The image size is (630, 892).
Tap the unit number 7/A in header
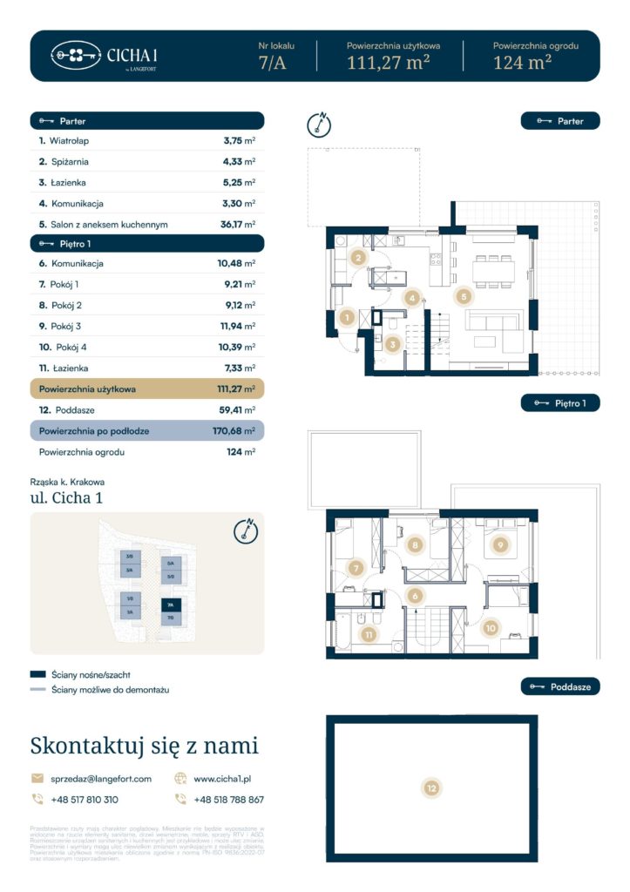point(274,63)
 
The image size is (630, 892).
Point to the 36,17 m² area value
point(238,225)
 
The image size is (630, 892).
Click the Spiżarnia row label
point(69,161)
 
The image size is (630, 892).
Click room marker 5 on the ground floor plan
point(464,296)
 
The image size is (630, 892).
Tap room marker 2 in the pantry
point(358,257)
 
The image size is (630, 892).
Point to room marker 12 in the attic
point(431,788)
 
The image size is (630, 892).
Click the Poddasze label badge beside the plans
point(560,687)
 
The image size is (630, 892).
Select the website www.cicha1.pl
point(222,779)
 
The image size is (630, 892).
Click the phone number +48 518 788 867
point(228,799)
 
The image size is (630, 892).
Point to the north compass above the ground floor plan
point(320,124)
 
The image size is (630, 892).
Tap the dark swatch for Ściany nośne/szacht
point(37,674)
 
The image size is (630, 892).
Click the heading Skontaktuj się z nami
point(144,746)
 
